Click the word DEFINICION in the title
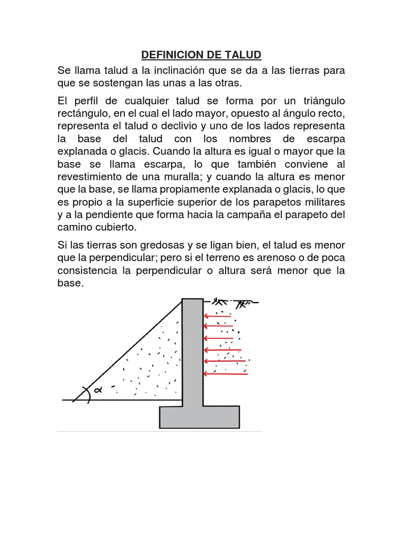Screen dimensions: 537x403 [x=167, y=55]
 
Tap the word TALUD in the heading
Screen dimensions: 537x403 [x=242, y=55]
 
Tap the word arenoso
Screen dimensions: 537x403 [x=286, y=257]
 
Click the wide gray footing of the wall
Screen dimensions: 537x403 [x=196, y=418]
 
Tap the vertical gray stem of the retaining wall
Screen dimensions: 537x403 [x=193, y=351]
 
